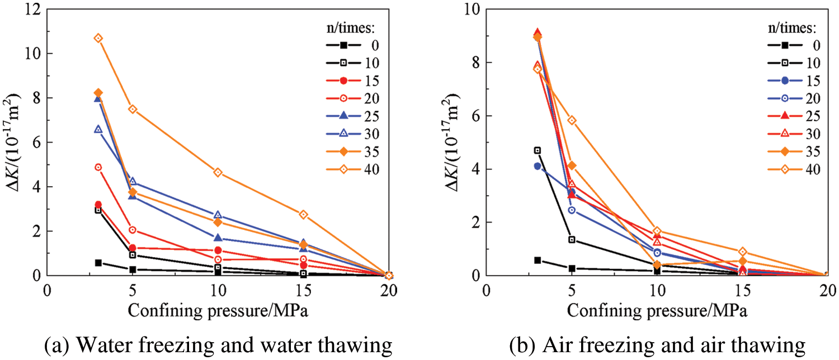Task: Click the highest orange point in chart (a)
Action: (x=98, y=38)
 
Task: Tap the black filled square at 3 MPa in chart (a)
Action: (x=98, y=262)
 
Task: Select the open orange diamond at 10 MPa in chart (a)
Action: (x=218, y=172)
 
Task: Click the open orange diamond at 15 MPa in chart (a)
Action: (x=303, y=214)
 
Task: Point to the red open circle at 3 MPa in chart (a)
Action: (x=98, y=167)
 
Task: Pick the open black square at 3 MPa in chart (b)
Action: (x=538, y=150)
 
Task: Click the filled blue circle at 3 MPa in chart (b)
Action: (x=538, y=166)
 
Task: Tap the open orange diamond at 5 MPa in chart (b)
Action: (x=572, y=120)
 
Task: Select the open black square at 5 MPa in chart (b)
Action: (x=572, y=239)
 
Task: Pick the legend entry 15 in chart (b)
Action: (x=807, y=80)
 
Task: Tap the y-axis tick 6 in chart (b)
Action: (x=476, y=116)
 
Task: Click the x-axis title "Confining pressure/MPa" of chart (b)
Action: (x=657, y=310)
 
